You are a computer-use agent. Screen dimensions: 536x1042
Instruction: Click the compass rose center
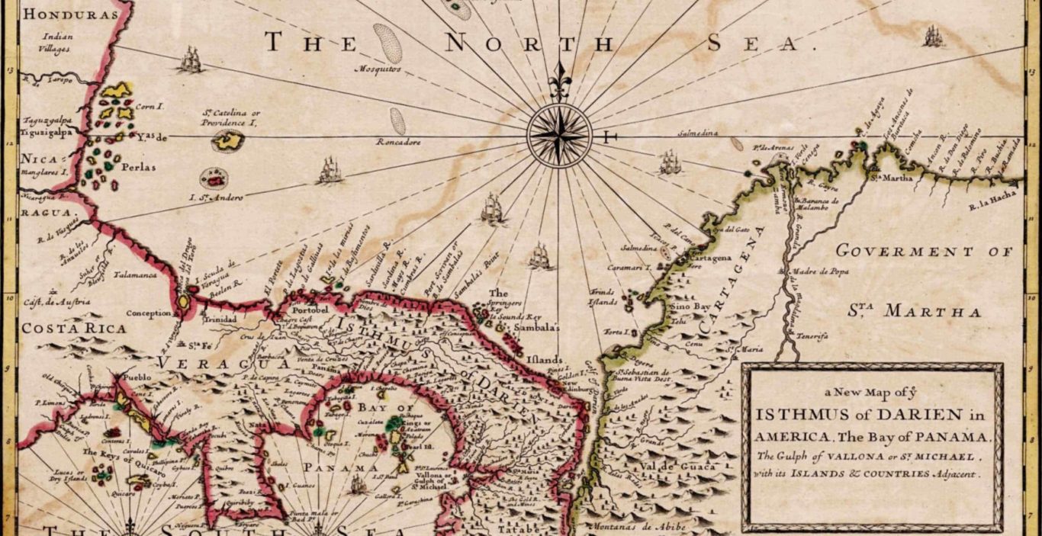pyautogui.click(x=559, y=136)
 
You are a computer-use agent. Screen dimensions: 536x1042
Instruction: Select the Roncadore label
pyautogui.click(x=398, y=142)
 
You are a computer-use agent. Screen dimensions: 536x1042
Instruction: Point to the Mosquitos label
pyautogui.click(x=378, y=69)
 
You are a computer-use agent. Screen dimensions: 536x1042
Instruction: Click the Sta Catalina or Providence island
pyautogui.click(x=227, y=140)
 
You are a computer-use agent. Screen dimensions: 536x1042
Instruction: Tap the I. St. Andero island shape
pyautogui.click(x=214, y=178)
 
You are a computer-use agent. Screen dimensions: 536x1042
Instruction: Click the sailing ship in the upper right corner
pyautogui.click(x=932, y=36)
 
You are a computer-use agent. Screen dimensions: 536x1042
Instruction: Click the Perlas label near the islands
pyautogui.click(x=137, y=167)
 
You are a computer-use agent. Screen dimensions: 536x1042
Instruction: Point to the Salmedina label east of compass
pyautogui.click(x=699, y=133)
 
